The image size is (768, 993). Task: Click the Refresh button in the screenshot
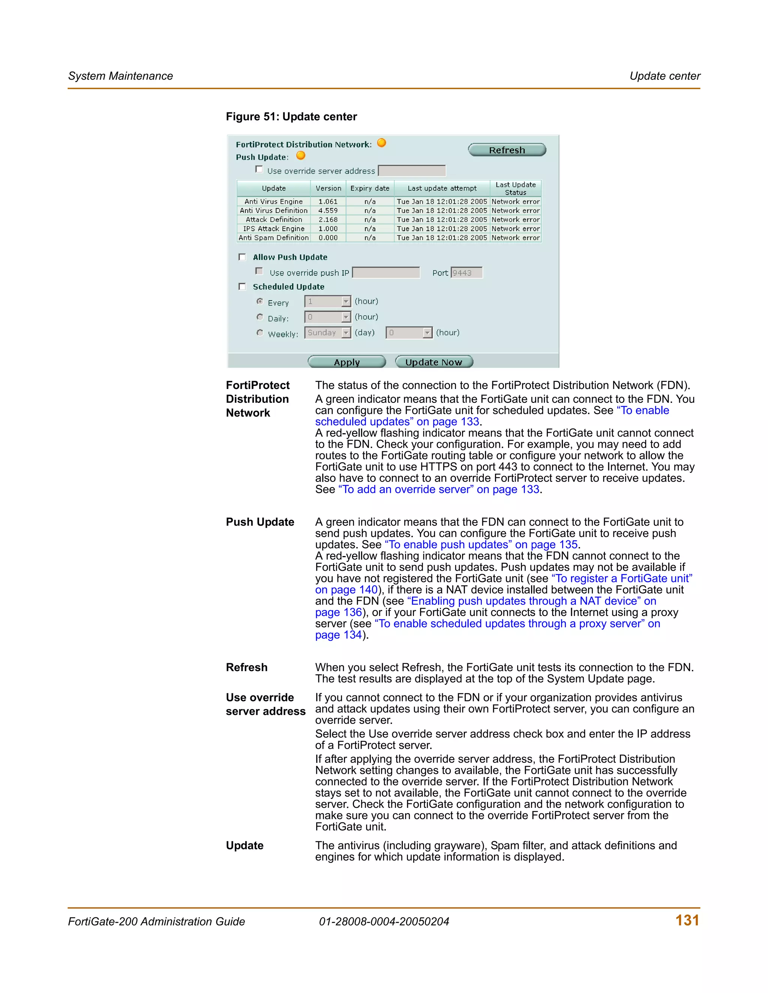(x=507, y=150)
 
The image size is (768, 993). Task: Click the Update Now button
(x=433, y=362)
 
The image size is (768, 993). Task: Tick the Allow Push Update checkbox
(x=242, y=257)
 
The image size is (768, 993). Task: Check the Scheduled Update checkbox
(x=242, y=286)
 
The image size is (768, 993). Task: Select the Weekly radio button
(x=260, y=333)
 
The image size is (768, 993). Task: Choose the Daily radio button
(x=260, y=317)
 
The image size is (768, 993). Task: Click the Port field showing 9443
(x=466, y=273)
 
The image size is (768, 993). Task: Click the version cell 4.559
(x=328, y=211)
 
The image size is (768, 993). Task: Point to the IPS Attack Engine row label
(x=273, y=229)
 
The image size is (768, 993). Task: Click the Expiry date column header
(x=369, y=188)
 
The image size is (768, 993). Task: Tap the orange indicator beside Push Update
(x=301, y=156)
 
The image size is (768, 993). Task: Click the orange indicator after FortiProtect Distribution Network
(x=382, y=143)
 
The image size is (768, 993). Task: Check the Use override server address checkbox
(x=259, y=170)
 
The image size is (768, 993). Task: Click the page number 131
(x=687, y=920)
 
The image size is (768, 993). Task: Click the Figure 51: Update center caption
(x=291, y=117)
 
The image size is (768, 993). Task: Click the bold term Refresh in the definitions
(x=247, y=667)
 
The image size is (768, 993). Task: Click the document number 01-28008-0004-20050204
(x=384, y=922)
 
